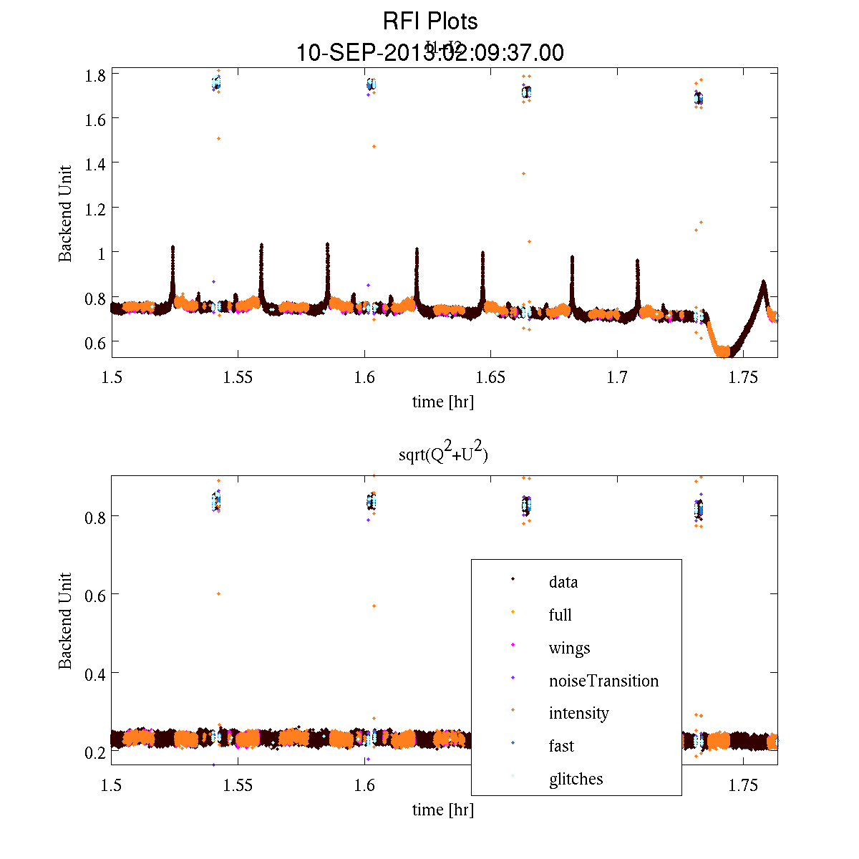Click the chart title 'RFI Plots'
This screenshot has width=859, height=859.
click(x=430, y=21)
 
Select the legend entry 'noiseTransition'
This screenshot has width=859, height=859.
click(x=603, y=681)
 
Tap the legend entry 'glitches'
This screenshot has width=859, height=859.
click(x=576, y=779)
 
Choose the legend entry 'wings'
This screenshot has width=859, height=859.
click(x=569, y=648)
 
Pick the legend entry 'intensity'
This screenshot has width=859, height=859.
click(x=578, y=713)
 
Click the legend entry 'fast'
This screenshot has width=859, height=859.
click(x=561, y=746)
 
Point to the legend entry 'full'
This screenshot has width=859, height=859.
click(x=560, y=615)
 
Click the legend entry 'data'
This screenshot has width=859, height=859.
click(x=563, y=582)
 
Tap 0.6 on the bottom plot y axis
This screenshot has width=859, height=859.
click(x=97, y=595)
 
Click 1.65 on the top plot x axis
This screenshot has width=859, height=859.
click(x=491, y=378)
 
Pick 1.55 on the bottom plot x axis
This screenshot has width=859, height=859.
click(x=238, y=786)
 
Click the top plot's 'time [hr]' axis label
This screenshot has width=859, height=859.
click(x=442, y=402)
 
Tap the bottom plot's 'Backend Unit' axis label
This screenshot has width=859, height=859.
click(x=65, y=621)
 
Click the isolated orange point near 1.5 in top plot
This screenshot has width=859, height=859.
click(x=218, y=138)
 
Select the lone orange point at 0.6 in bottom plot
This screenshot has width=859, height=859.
click(x=218, y=593)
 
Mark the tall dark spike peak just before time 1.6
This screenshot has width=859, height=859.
click(x=327, y=245)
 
